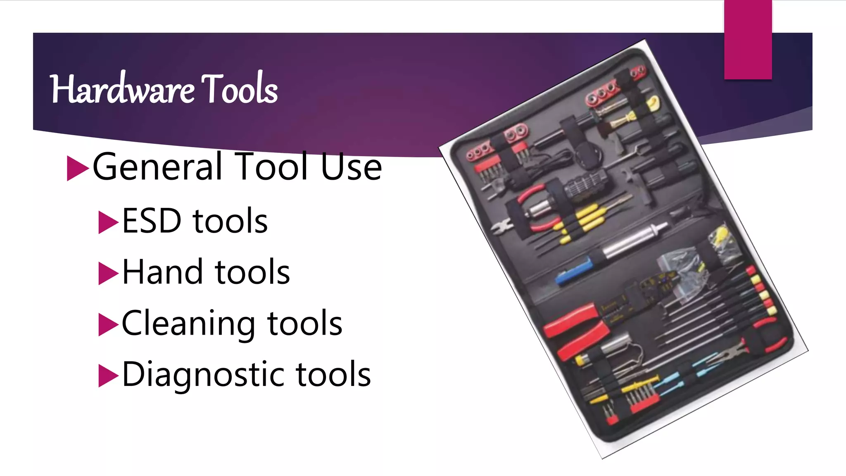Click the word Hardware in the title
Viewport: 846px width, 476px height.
tap(122, 89)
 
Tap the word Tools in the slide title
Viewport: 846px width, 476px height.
tap(240, 89)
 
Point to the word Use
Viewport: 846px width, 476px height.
tap(351, 167)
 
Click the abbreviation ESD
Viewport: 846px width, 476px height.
tap(152, 221)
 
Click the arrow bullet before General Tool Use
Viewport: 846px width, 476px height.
tap(77, 168)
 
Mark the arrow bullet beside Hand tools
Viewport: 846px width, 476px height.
tap(108, 274)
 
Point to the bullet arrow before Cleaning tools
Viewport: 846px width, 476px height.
tap(108, 325)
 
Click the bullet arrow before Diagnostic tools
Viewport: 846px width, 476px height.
tap(108, 376)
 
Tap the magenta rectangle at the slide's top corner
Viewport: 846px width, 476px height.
tap(748, 39)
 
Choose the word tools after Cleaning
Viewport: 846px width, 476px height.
tap(305, 324)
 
